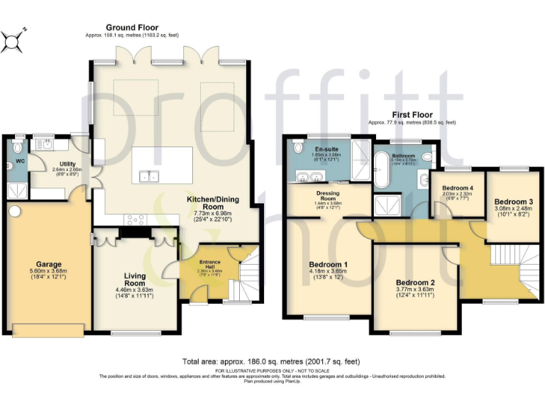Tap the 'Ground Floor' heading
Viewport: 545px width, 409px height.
[131, 28]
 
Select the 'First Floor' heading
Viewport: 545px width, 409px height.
[412, 114]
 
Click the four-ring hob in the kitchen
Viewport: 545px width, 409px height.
[137, 220]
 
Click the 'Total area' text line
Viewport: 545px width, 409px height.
[272, 361]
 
